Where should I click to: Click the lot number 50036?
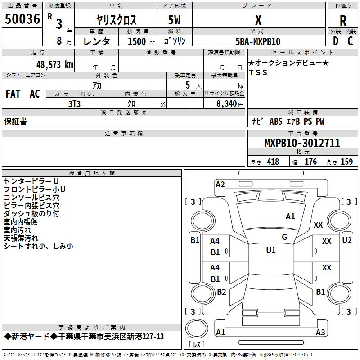pyautogui.click(x=22, y=19)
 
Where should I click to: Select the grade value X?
pyautogui.click(x=258, y=20)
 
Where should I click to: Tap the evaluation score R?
pyautogui.click(x=343, y=21)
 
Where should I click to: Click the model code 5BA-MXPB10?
pyautogui.click(x=258, y=41)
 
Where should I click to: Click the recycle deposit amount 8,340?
pyautogui.click(x=224, y=103)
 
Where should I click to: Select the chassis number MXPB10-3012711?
pyautogui.click(x=302, y=144)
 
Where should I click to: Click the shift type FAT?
pyautogui.click(x=13, y=94)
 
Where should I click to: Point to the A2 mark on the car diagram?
pyautogui.click(x=220, y=184)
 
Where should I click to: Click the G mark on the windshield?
pyautogui.click(x=284, y=237)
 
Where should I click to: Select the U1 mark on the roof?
pyautogui.click(x=271, y=250)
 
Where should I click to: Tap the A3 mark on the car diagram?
pyautogui.click(x=320, y=333)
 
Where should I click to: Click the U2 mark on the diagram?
pyautogui.click(x=346, y=240)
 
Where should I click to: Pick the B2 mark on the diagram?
pyautogui.click(x=221, y=292)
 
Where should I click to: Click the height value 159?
pyautogui.click(x=346, y=162)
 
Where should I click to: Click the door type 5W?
pyautogui.click(x=175, y=20)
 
